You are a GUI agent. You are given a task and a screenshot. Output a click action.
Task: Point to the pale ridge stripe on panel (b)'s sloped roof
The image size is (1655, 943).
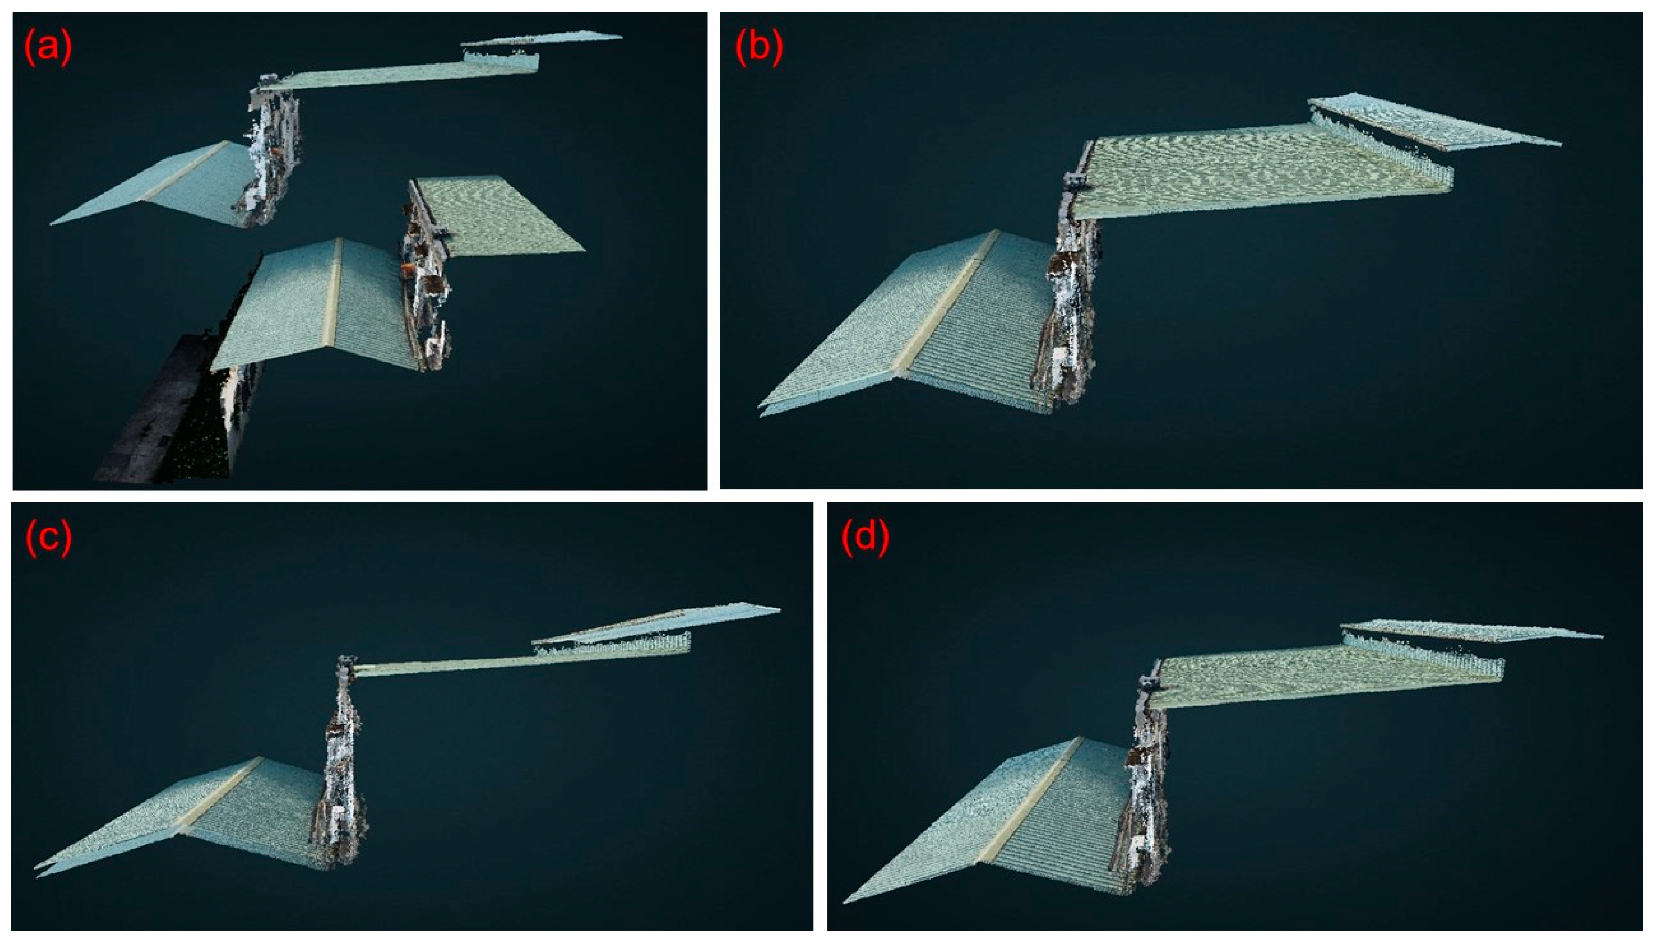pyautogui.click(x=946, y=304)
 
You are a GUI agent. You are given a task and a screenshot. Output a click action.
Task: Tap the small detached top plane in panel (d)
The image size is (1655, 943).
pyautogui.click(x=1470, y=631)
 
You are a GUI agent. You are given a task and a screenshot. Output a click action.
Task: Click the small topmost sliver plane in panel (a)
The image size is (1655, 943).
pyautogui.click(x=541, y=39)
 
